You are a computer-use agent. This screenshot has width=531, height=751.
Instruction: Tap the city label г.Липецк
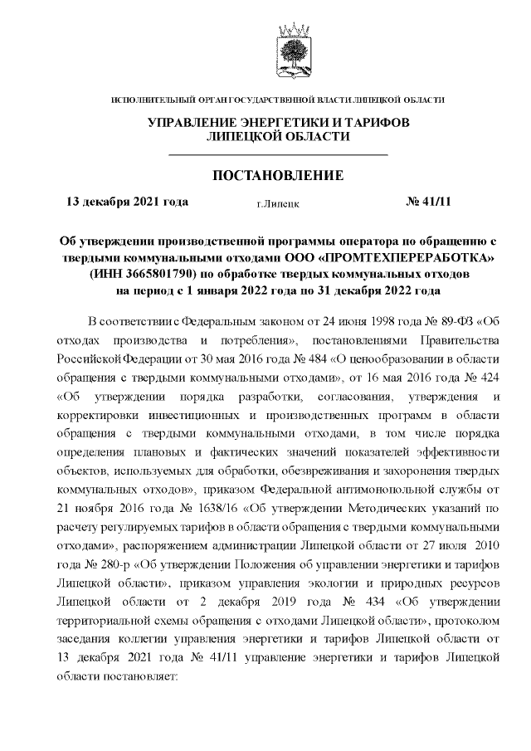click(x=278, y=202)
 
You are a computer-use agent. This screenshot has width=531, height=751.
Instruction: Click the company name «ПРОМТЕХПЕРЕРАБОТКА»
click(x=402, y=256)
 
